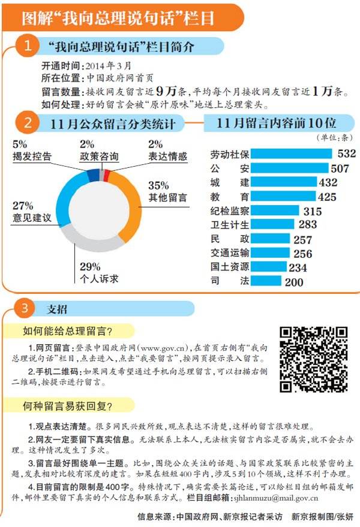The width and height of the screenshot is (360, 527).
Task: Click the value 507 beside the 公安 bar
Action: [x=339, y=168]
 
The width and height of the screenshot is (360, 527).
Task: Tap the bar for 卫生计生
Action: [x=272, y=225]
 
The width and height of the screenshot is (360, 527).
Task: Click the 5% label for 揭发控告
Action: [x=20, y=144]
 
